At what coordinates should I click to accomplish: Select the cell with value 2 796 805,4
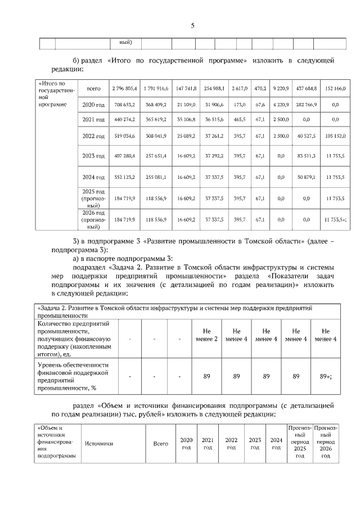click(x=125, y=89)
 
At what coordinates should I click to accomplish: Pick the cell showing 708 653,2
click(x=125, y=105)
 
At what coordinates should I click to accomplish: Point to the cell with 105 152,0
click(x=335, y=136)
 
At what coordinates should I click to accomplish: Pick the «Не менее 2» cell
click(x=207, y=335)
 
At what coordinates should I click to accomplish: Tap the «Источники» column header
click(x=99, y=444)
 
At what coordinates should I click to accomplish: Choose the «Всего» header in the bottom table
click(x=161, y=444)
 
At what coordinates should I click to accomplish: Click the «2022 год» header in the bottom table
click(x=231, y=444)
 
